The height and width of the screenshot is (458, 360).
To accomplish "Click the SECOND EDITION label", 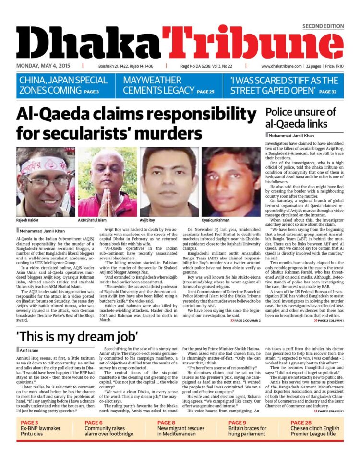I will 323,26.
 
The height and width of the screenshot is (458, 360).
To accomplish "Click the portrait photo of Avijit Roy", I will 169,182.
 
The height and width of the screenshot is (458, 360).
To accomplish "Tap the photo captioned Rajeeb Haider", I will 46,182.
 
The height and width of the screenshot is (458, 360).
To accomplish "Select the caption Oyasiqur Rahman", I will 216,221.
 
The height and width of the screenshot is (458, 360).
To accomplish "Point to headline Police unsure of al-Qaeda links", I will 300,118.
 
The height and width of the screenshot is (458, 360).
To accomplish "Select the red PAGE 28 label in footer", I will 302,423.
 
